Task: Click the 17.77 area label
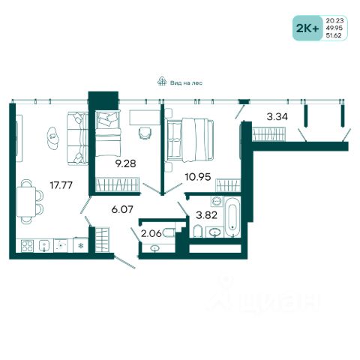(x=61, y=185)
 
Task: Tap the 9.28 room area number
(x=125, y=163)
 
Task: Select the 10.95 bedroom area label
(x=198, y=177)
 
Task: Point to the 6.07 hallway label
(x=122, y=209)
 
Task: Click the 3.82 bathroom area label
(x=206, y=215)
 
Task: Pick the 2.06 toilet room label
(x=151, y=233)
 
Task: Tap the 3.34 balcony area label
(x=277, y=116)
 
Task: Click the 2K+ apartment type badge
(x=307, y=28)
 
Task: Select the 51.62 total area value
(x=334, y=35)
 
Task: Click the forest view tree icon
(x=162, y=81)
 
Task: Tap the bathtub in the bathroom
(x=232, y=217)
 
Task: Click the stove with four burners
(x=27, y=246)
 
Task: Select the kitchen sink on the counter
(x=44, y=246)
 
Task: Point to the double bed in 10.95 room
(x=190, y=139)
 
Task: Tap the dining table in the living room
(x=26, y=202)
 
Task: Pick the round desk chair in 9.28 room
(x=145, y=133)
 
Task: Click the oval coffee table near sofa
(x=53, y=138)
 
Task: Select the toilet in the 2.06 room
(x=169, y=233)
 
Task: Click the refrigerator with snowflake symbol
(x=80, y=245)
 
